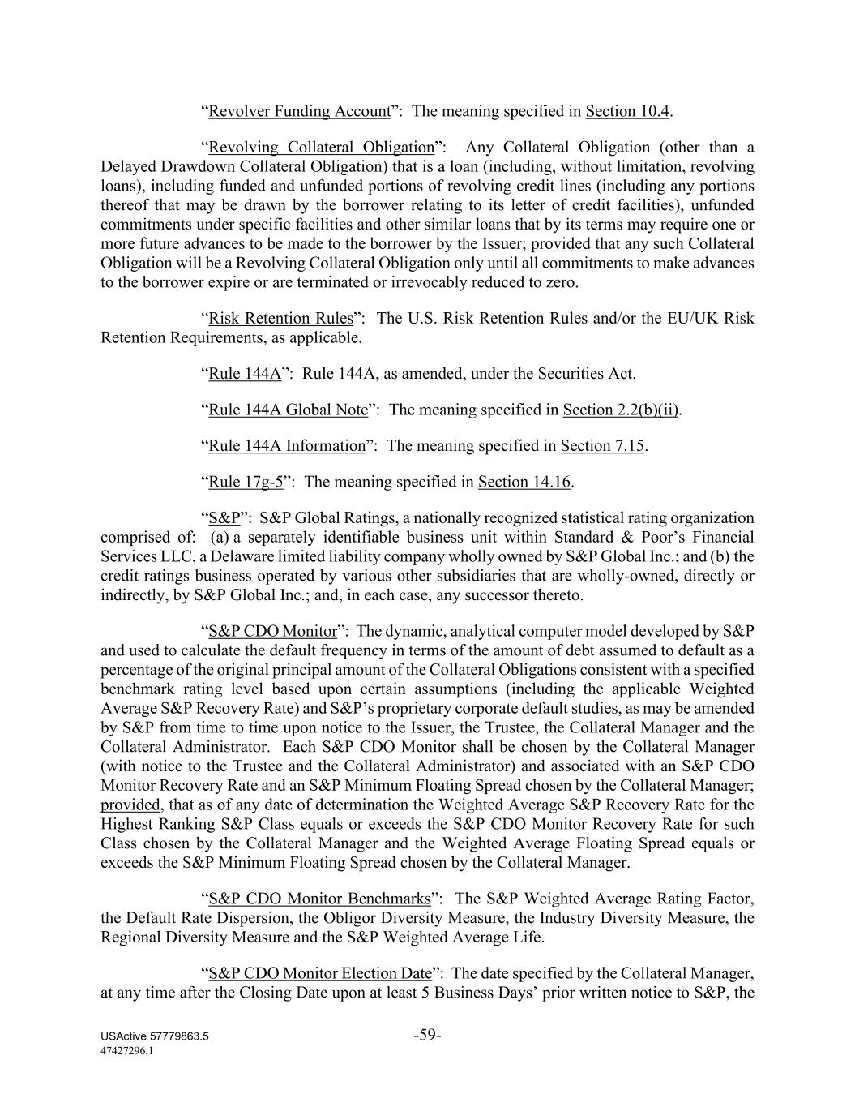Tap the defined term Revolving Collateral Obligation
tap(321, 147)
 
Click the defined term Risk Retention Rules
tap(281, 318)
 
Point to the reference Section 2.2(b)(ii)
tap(621, 410)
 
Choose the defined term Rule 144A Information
tap(287, 445)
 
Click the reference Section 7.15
tap(602, 445)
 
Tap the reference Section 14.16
tap(524, 482)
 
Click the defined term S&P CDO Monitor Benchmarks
tap(319, 899)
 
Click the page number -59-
tap(427, 1035)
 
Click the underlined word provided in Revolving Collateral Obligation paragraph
tap(560, 244)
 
